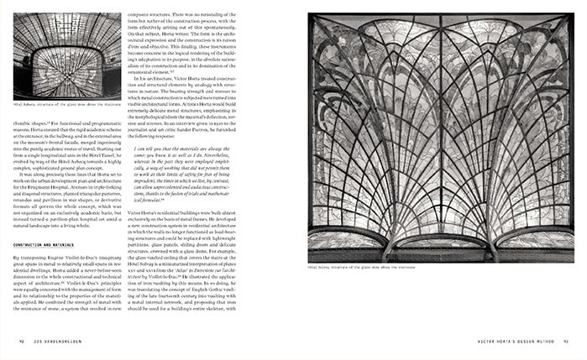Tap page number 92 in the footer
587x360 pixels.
tap(23, 341)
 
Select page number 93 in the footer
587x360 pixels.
tap(566, 341)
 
